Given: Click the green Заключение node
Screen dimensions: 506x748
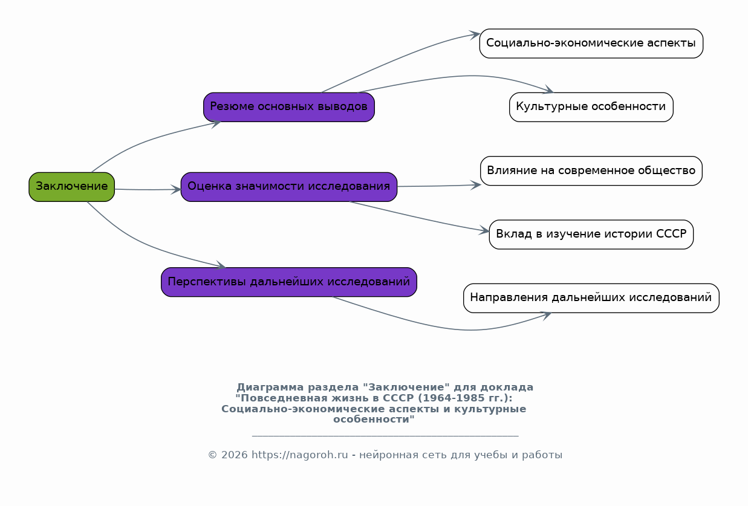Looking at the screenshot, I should [x=71, y=187].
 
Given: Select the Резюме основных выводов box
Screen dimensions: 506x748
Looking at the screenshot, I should [x=288, y=107].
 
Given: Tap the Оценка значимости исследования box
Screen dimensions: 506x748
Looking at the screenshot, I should [x=288, y=187].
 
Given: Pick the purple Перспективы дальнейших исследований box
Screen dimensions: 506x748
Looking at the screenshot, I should [x=288, y=282].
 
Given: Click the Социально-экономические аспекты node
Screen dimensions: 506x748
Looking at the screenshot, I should [x=591, y=44].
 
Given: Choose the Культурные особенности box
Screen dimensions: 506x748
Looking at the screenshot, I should [x=591, y=107].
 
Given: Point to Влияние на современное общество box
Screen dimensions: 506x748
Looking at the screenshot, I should [x=591, y=171].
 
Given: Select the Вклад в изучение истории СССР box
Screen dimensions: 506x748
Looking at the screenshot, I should [x=591, y=235].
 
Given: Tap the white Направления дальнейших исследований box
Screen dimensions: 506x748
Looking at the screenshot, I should [x=591, y=298].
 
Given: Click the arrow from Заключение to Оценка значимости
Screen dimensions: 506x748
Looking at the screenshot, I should [x=148, y=190].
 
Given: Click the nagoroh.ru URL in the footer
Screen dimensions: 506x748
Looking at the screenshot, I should [x=299, y=455].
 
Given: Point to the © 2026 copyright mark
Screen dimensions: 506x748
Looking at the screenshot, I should [x=227, y=455].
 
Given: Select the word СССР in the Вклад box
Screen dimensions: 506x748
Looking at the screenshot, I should [x=671, y=235].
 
